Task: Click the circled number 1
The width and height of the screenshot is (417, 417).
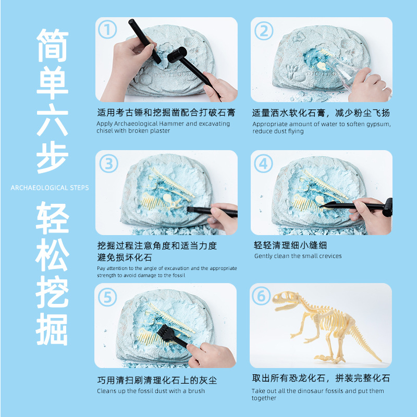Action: (x=107, y=29)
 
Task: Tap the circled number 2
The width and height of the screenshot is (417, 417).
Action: (x=264, y=31)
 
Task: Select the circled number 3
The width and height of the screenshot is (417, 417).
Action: (x=109, y=164)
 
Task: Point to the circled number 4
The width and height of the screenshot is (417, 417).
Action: (x=263, y=164)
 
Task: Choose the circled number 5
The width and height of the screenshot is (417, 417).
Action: (x=107, y=297)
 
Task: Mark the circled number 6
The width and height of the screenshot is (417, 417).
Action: (x=261, y=296)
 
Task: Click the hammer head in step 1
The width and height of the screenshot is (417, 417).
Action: (x=177, y=55)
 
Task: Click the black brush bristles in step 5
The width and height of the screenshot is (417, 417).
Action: (x=165, y=333)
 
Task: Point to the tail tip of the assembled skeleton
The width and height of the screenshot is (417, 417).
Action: (x=381, y=360)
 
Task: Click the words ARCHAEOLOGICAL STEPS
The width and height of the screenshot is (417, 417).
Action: (x=50, y=188)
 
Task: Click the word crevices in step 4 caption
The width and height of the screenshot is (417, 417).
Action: (x=327, y=256)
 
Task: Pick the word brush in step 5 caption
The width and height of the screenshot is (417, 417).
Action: (x=197, y=391)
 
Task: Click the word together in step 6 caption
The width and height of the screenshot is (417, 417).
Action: (x=264, y=398)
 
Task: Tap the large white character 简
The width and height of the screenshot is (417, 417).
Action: (x=53, y=45)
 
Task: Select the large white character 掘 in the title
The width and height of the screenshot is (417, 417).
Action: (x=52, y=329)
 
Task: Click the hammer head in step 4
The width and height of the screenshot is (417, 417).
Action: (x=388, y=207)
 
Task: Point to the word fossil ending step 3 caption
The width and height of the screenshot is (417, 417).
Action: (x=179, y=275)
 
